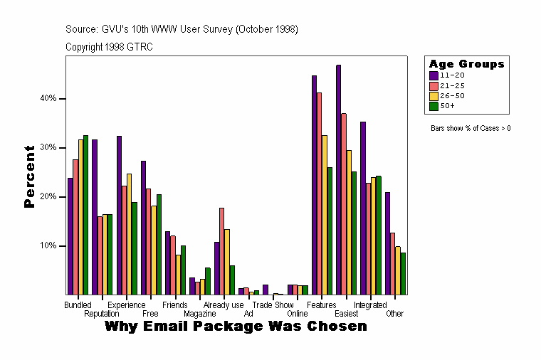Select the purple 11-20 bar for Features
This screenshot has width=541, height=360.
pyautogui.click(x=314, y=185)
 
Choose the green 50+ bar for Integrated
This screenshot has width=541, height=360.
pyautogui.click(x=379, y=235)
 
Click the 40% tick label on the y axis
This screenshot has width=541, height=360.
pyautogui.click(x=48, y=98)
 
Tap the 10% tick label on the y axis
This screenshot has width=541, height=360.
pyautogui.click(x=48, y=245)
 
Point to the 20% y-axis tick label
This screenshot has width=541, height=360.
pyautogui.click(x=48, y=196)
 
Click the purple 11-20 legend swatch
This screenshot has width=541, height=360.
pyautogui.click(x=434, y=75)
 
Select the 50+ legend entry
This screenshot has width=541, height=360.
pyautogui.click(x=448, y=105)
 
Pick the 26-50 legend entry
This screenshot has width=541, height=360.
pyautogui.click(x=452, y=95)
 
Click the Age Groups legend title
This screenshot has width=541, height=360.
pyautogui.click(x=466, y=64)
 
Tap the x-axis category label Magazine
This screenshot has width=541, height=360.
pyautogui.click(x=200, y=313)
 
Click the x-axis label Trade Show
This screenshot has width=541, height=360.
pyautogui.click(x=273, y=305)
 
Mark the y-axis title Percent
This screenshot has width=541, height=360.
pyautogui.click(x=29, y=176)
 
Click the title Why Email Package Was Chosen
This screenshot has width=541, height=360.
pyautogui.click(x=236, y=327)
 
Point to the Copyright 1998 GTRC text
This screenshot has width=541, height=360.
pyautogui.click(x=109, y=47)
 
